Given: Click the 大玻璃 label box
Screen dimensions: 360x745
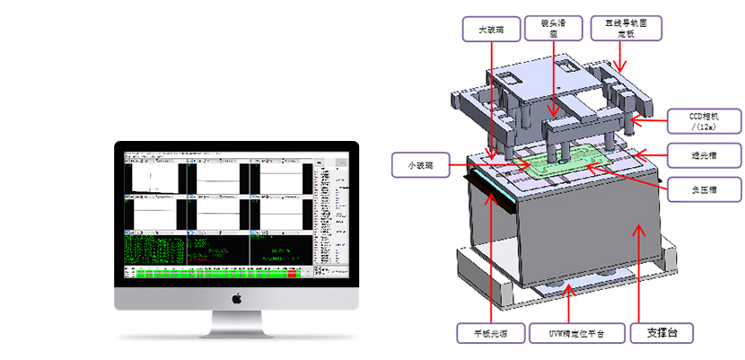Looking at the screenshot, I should (492, 30).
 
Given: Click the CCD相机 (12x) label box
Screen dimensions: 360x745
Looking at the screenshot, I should (704, 120).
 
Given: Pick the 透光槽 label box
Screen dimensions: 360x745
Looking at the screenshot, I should (704, 154).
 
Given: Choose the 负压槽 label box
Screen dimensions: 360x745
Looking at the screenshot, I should (704, 189).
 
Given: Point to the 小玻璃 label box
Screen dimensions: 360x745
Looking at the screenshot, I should (421, 165).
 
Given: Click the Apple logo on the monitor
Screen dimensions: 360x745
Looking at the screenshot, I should (236, 297).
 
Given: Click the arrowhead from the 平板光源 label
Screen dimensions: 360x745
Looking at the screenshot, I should (487, 194).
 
